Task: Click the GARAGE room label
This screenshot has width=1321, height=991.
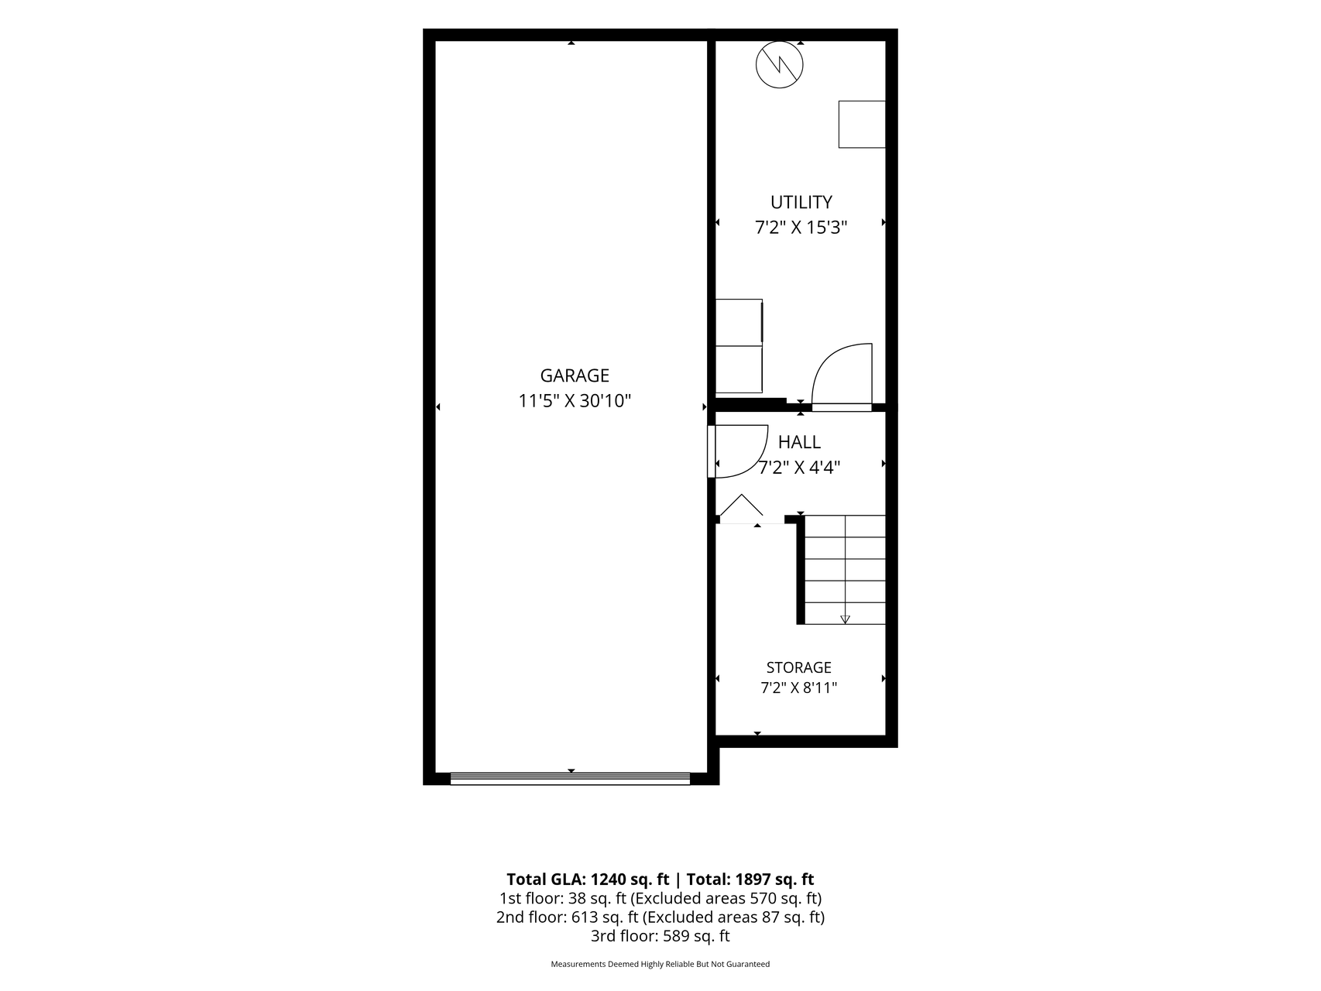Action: pyautogui.click(x=575, y=375)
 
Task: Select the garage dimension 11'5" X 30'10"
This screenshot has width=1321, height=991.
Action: pyautogui.click(x=575, y=401)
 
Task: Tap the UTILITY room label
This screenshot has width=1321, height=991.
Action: pyautogui.click(x=801, y=202)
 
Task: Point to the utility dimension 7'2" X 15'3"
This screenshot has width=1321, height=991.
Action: pyautogui.click(x=801, y=228)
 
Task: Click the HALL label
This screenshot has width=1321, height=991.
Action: pyautogui.click(x=799, y=442)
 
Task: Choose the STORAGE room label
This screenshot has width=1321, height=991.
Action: pyautogui.click(x=799, y=667)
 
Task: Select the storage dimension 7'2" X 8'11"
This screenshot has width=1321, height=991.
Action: pyautogui.click(x=799, y=688)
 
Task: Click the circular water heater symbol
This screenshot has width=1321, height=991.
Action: pyautogui.click(x=780, y=63)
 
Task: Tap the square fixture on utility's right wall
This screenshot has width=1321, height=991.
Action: pyautogui.click(x=862, y=124)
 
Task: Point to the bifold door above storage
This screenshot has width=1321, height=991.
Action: pyautogui.click(x=741, y=507)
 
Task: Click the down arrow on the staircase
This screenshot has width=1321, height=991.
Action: pyautogui.click(x=845, y=619)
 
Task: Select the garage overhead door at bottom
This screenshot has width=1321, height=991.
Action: pyautogui.click(x=570, y=778)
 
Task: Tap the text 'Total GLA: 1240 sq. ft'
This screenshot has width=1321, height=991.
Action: pyautogui.click(x=588, y=880)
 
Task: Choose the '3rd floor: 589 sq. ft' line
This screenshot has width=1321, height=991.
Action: pyautogui.click(x=660, y=936)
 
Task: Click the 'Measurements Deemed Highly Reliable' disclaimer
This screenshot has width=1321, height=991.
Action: pyautogui.click(x=660, y=965)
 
